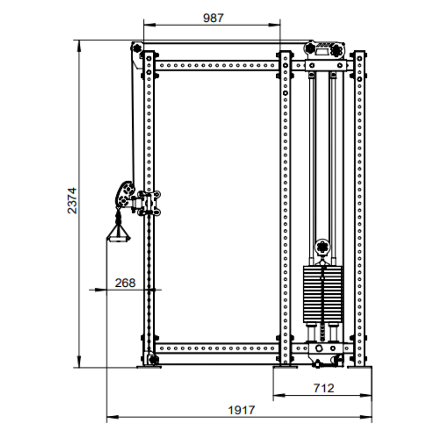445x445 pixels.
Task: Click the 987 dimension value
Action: pos(213,18)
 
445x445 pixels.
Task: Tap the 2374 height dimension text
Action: pos(72,200)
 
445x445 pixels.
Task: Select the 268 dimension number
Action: pos(125,283)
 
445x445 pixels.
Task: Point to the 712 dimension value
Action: pos(324,388)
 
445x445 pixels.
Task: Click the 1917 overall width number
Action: pos(241,410)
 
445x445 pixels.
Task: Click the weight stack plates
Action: pos(323,294)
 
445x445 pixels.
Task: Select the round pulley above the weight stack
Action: pos(323,246)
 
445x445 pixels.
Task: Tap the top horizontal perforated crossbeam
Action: pos(216,66)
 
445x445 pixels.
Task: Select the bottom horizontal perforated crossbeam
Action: pos(216,348)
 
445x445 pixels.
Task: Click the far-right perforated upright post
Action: pos(360,208)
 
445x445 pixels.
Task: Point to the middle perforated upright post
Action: pos(285,208)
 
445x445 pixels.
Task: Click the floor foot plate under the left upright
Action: pos(149,367)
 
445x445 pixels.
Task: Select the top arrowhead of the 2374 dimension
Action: pos(79,46)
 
